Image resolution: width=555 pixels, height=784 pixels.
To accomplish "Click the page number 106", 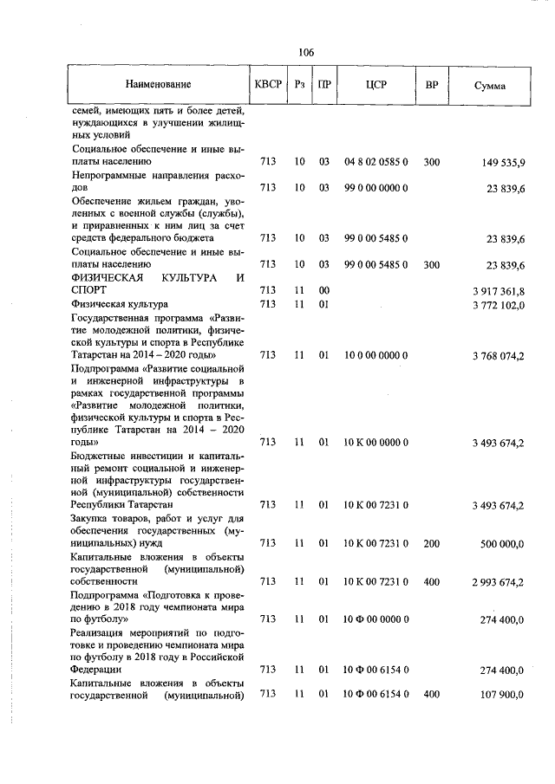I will pyautogui.click(x=305, y=52).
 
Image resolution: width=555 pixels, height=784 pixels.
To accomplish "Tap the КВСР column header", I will pyautogui.click(x=268, y=86).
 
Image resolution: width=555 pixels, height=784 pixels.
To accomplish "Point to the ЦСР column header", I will pyautogui.click(x=376, y=86).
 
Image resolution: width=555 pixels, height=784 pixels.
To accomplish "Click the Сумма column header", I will pyautogui.click(x=491, y=87).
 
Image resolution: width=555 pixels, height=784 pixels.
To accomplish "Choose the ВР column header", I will pyautogui.click(x=432, y=86).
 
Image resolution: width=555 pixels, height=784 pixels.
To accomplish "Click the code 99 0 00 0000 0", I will pyautogui.click(x=376, y=187).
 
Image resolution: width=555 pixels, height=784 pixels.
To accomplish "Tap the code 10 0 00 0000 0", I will pyautogui.click(x=376, y=354).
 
